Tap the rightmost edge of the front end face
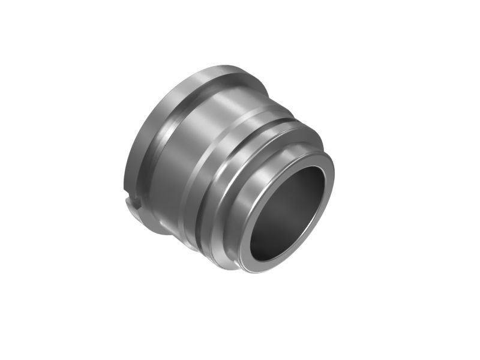tap(334, 180)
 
